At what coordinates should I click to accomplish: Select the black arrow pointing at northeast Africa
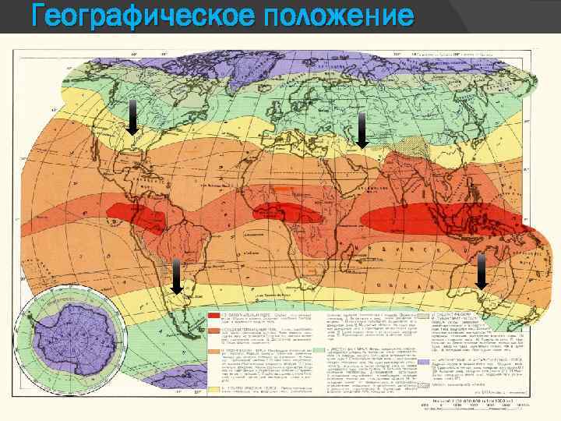coord(362,129)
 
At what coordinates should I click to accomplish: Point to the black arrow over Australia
coord(481,271)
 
